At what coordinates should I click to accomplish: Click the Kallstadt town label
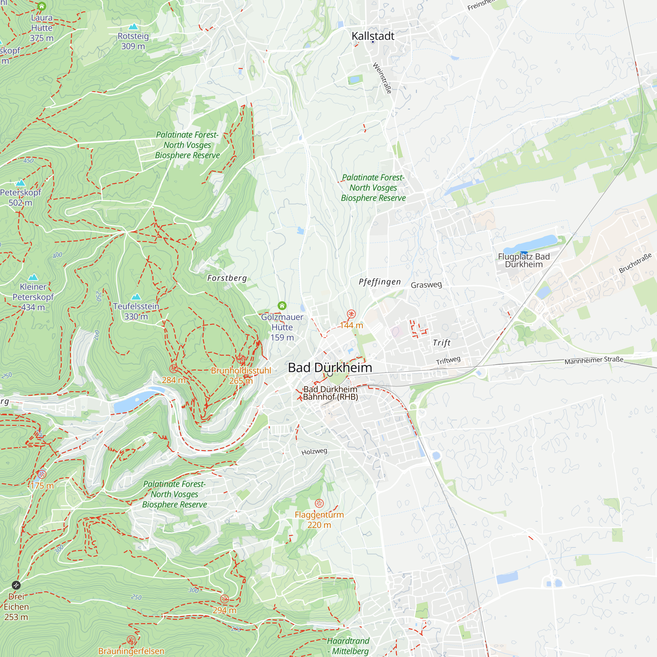coord(373,36)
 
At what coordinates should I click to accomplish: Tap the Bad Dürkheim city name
coord(330,368)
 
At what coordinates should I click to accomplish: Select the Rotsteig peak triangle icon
coord(133,27)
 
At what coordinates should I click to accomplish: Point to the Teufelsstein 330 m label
coord(136,311)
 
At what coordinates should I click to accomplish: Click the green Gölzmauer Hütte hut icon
coord(282,306)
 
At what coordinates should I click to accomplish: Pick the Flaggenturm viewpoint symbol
coord(319,503)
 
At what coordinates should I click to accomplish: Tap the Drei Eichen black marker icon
coord(16,585)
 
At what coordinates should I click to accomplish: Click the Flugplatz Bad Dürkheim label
coord(524,261)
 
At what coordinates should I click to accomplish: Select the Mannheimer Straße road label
coord(594,360)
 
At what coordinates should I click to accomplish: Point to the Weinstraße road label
coord(382,78)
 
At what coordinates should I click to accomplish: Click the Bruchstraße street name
coord(635,263)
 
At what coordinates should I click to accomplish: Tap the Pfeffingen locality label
coord(380,282)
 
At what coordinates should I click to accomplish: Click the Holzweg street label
coord(314,452)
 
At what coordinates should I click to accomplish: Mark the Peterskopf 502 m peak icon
coord(20,183)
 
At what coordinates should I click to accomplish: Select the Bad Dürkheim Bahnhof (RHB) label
coord(330,393)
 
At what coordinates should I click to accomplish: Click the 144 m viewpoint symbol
coord(351,314)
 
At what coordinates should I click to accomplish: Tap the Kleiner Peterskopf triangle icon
coord(33,277)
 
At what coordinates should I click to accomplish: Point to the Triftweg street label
coord(448,360)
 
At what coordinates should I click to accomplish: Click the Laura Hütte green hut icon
coord(41,6)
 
